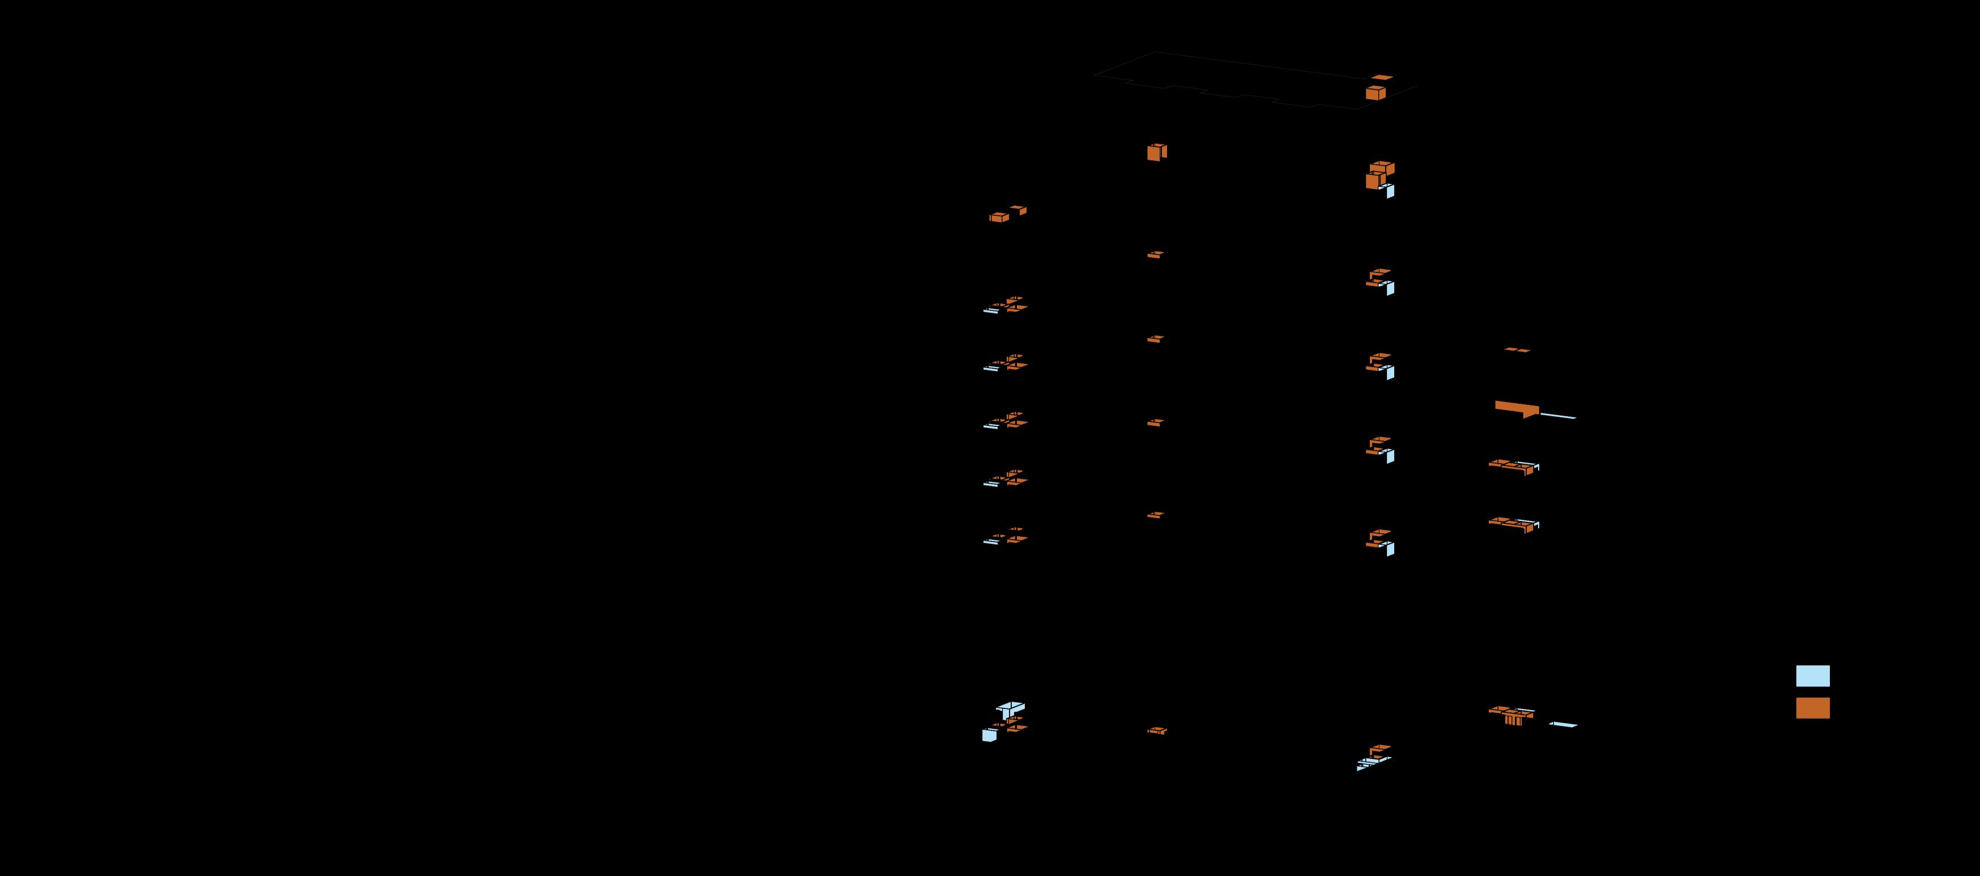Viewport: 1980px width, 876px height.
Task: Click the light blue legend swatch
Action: click(1812, 676)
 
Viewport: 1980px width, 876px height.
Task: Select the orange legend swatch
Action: click(1812, 708)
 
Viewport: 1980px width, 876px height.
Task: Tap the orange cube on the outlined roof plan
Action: click(1375, 93)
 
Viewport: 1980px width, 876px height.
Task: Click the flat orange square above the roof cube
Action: click(1382, 78)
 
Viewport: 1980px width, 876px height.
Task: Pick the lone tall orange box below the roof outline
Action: click(1155, 153)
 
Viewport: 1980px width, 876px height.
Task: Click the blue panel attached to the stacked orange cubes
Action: click(1390, 191)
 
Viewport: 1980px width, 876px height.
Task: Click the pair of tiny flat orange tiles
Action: click(1517, 349)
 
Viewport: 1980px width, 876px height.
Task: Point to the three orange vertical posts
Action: click(1513, 720)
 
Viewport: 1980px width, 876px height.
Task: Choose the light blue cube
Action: click(989, 736)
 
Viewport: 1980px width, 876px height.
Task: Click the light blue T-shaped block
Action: click(1008, 708)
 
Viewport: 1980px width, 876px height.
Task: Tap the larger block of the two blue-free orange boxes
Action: click(998, 217)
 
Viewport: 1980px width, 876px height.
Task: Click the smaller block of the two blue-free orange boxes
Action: click(1019, 210)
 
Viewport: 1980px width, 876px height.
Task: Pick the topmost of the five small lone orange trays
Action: click(1155, 254)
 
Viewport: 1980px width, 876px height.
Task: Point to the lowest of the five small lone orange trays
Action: click(1157, 731)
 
